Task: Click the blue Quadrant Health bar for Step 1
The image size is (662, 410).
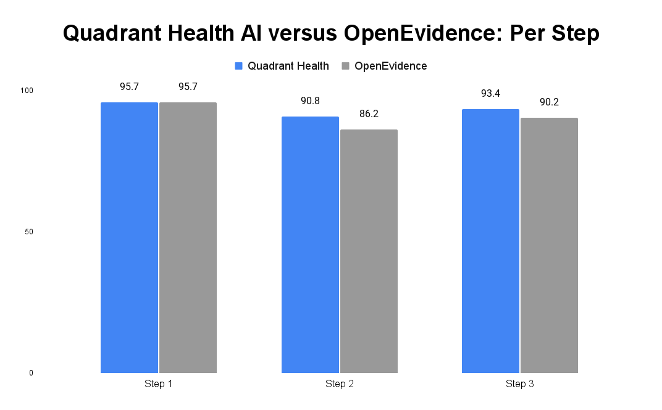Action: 129,237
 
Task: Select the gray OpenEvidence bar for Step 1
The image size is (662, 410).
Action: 188,237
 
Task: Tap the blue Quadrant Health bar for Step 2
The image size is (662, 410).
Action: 310,245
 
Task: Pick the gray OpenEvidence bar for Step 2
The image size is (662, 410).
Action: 369,251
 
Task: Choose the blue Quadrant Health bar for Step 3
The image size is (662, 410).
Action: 490,241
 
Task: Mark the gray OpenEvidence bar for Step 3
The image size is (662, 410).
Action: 549,245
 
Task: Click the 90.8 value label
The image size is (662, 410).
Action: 310,101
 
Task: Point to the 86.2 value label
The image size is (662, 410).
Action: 369,114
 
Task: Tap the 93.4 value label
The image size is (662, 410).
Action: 490,94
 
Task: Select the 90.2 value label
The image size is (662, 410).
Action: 549,102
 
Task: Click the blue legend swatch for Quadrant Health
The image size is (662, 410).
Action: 239,66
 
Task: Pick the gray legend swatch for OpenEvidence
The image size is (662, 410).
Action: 346,66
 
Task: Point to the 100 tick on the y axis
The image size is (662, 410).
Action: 27,91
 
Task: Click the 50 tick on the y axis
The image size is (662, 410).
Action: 28,232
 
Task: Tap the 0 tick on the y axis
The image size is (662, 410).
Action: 30,373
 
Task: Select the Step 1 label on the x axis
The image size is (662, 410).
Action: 159,384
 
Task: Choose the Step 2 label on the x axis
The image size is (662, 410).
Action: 339,384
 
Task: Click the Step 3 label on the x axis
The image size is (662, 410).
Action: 520,384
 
